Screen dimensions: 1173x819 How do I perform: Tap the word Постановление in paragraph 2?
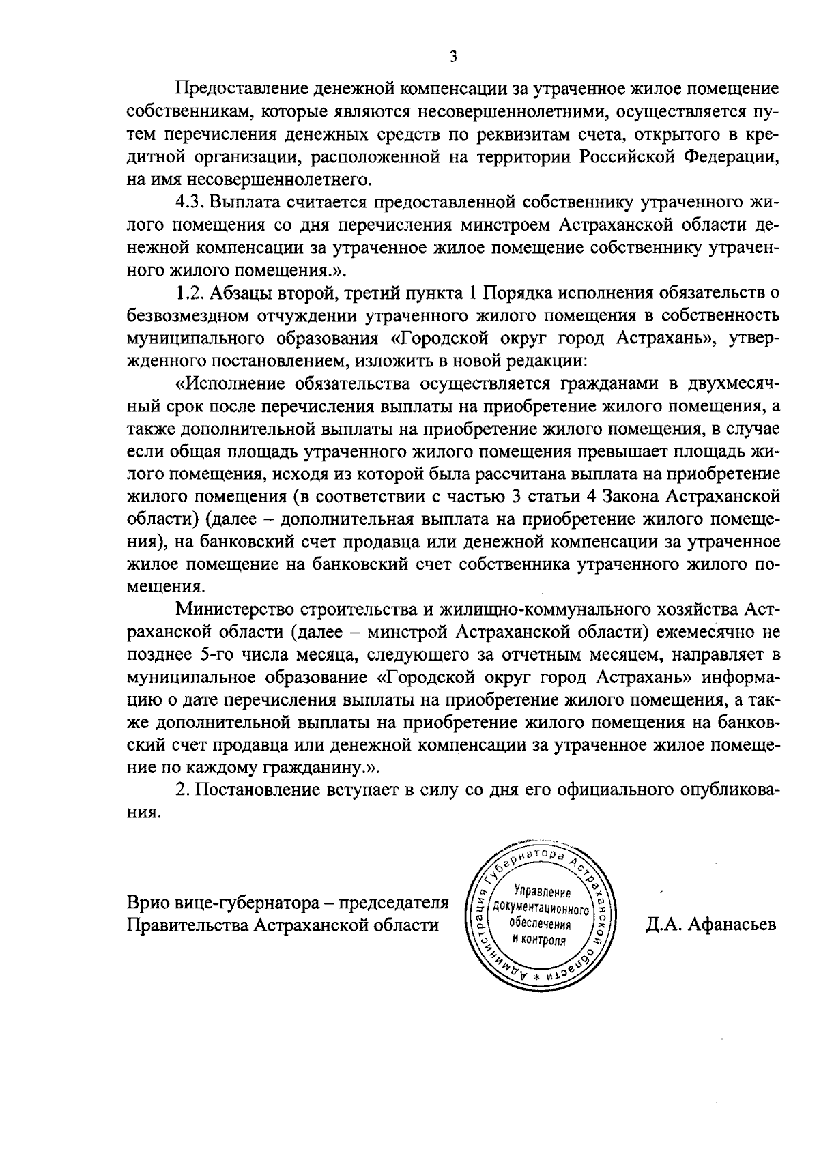point(252,790)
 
